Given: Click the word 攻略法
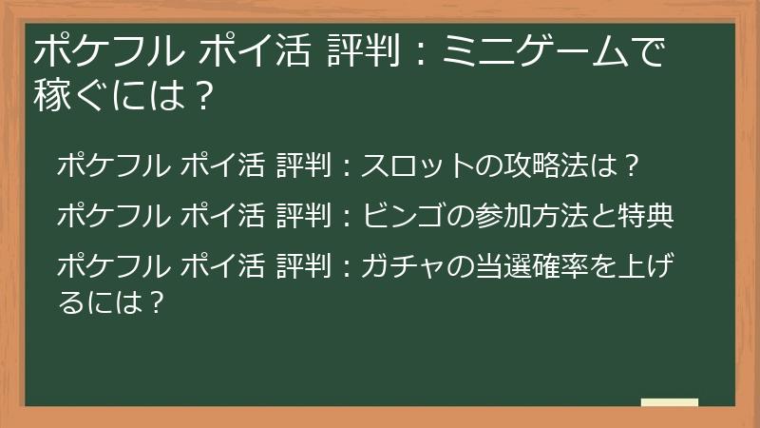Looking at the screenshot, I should pos(535,165).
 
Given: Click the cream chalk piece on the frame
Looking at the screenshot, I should pos(670,403).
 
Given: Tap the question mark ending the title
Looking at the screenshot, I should pos(198,95).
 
